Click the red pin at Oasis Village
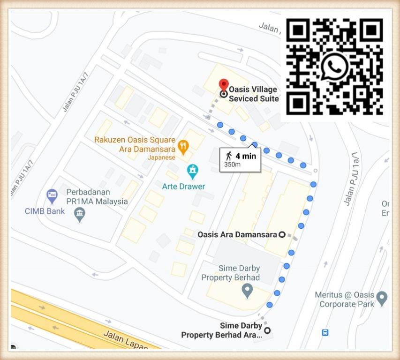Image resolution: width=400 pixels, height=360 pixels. click(x=224, y=85)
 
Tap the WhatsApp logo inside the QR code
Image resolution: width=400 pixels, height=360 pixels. click(x=334, y=67)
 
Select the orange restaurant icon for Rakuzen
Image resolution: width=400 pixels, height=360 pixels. click(x=183, y=147)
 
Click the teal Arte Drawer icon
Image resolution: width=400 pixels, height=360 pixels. click(x=192, y=171)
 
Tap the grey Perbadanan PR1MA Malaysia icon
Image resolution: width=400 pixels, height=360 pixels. click(x=80, y=214)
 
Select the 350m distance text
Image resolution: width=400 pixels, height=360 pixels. click(x=233, y=165)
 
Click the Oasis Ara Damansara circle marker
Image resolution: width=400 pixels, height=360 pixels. click(x=282, y=234)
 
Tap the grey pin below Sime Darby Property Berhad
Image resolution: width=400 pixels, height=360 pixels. click(x=247, y=291)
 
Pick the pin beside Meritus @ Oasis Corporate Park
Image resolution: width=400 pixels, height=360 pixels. click(x=382, y=298)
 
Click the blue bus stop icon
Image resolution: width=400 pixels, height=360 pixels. click(x=325, y=332)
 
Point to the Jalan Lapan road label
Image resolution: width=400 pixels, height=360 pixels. click(x=125, y=339)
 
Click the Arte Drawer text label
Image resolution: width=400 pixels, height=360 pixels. click(x=183, y=186)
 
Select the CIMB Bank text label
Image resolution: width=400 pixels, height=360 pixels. click(x=45, y=211)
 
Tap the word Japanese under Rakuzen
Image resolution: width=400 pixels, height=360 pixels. click(x=161, y=157)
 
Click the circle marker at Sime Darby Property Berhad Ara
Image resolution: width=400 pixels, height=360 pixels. click(x=267, y=330)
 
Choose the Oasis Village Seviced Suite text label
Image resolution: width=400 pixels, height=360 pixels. click(x=253, y=94)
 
